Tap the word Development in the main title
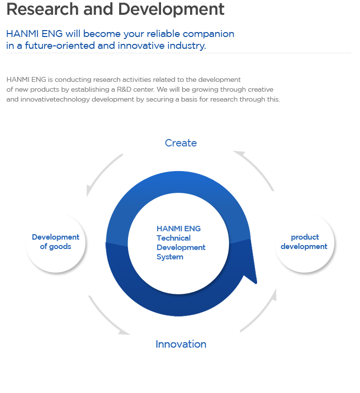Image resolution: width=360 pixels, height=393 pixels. point(171,10)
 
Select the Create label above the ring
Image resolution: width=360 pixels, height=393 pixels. point(181,143)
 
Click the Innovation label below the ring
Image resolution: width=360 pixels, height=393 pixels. point(181,344)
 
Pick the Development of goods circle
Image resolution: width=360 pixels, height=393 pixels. point(56,243)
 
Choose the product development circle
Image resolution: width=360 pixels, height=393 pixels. point(304,243)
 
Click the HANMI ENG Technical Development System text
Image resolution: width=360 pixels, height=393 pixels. point(181,243)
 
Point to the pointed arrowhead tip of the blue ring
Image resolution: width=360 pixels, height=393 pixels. point(256,284)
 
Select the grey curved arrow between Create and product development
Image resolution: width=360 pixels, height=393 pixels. point(259,168)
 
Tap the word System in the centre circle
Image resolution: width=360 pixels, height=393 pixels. point(170,257)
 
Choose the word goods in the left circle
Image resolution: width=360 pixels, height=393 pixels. point(60,247)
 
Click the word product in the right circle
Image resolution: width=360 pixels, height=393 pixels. point(305,237)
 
